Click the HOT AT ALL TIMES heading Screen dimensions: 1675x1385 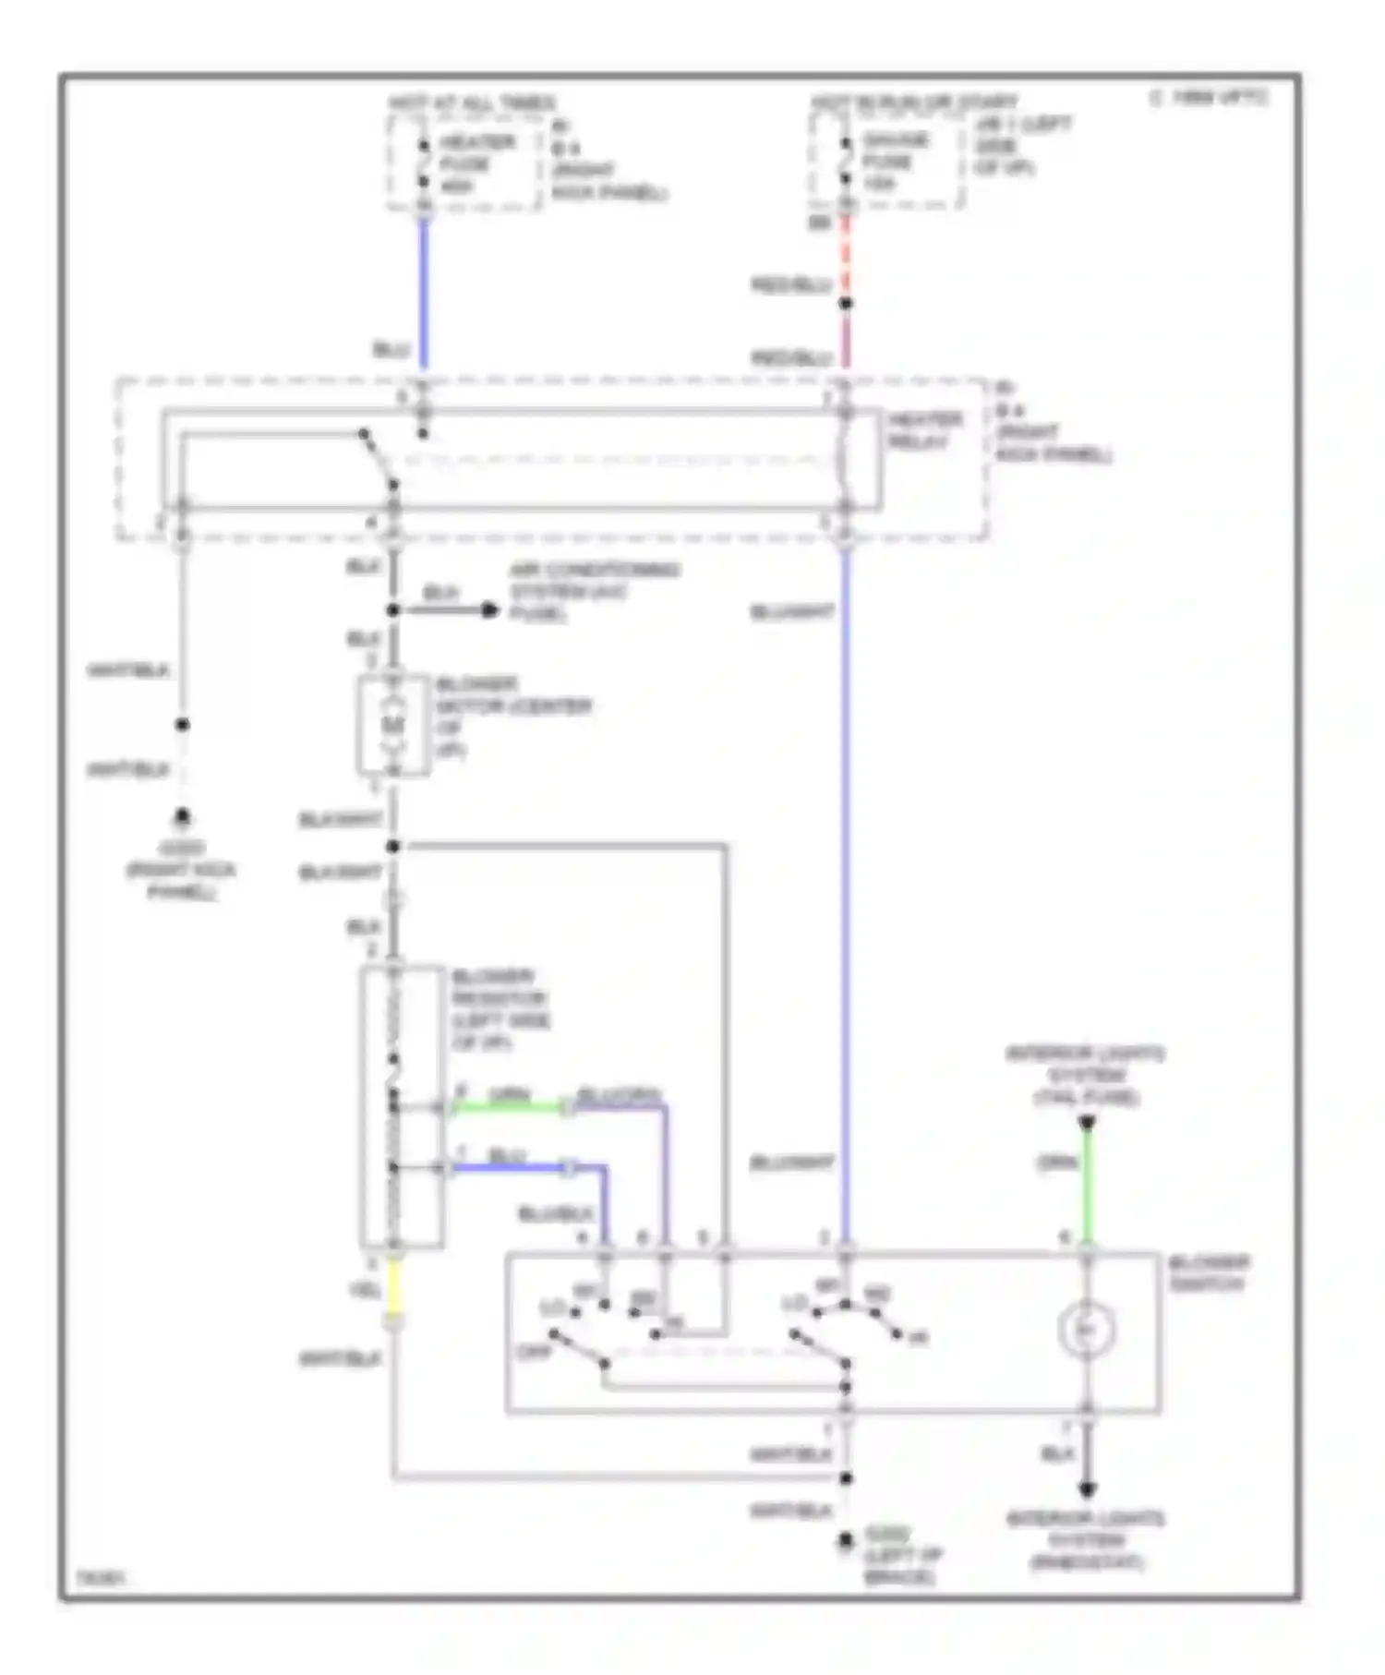472,102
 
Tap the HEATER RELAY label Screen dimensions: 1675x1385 924,430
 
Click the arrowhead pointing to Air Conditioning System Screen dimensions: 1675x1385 489,610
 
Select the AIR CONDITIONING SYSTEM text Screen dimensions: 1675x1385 594,591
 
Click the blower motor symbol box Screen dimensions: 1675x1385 394,726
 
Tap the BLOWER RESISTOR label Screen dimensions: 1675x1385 500,1008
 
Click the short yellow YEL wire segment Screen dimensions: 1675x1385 394,1287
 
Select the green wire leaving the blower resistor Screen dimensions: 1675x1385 508,1106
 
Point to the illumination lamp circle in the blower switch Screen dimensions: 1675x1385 1087,1330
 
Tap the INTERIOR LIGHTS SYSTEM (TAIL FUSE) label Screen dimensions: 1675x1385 1086,1075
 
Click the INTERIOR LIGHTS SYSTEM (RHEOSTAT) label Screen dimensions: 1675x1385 1086,1540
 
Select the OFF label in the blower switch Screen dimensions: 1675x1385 534,1352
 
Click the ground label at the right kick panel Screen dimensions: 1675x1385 182,869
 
